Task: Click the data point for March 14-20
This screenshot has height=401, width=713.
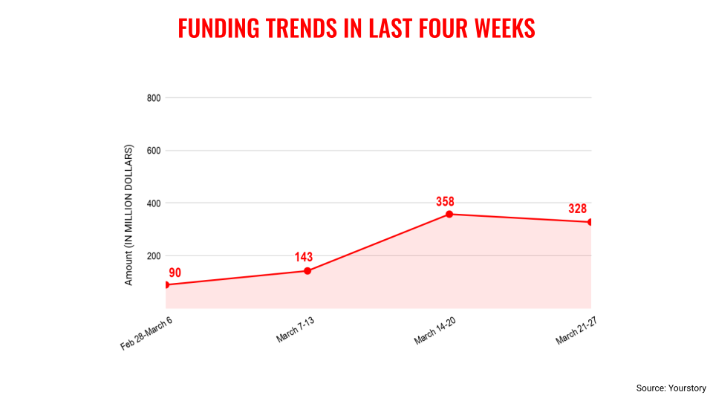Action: coord(449,214)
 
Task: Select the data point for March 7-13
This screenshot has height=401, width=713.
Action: coord(307,270)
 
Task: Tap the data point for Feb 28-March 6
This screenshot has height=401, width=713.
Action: coord(166,284)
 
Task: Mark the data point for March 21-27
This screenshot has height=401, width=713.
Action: coord(590,222)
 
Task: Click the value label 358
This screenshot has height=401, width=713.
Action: coord(445,201)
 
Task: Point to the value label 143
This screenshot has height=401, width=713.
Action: coord(303,257)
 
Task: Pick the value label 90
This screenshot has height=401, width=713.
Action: coord(175,273)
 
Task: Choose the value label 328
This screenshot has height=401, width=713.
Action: coord(578,209)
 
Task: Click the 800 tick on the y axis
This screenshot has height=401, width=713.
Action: coord(154,97)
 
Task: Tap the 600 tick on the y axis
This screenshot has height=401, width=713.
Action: coord(154,150)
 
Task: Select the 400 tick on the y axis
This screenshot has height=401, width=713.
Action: coord(154,203)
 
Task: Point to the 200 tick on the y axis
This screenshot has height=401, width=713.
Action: coord(154,255)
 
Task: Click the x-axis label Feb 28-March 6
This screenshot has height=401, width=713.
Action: coord(147,332)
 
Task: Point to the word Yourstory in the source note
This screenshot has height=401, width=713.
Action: coord(688,388)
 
